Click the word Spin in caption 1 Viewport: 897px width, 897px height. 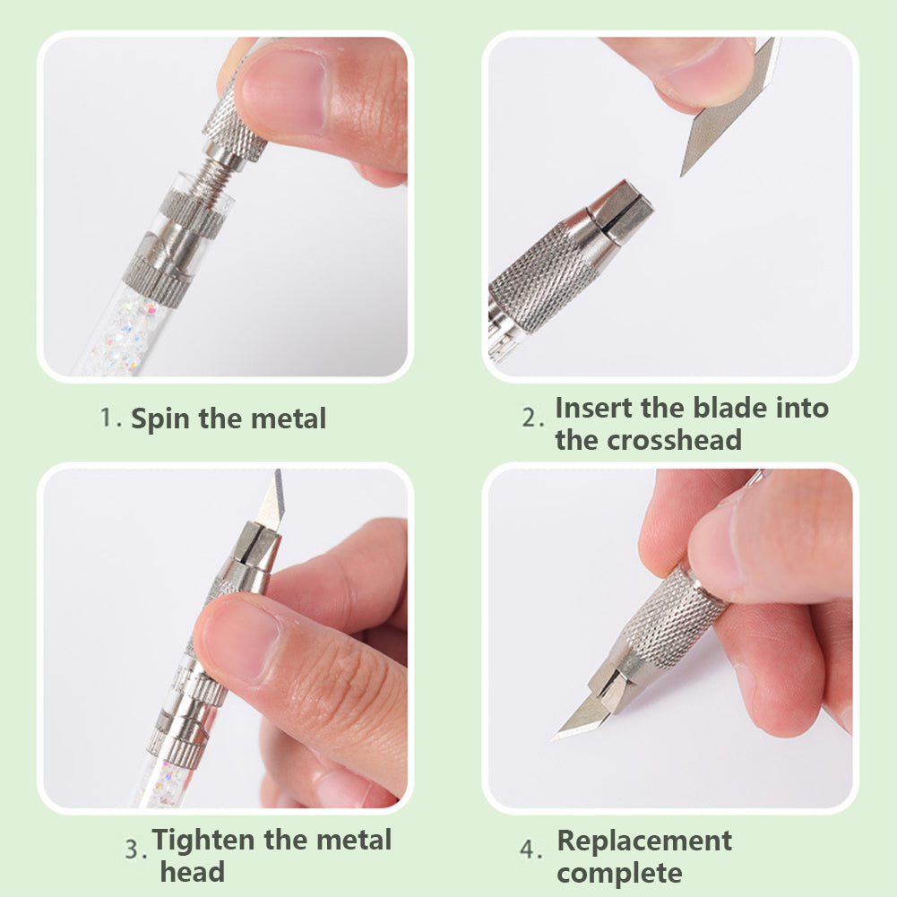tap(160, 419)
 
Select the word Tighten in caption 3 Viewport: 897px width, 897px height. tap(203, 841)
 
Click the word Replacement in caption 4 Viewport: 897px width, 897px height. tap(644, 841)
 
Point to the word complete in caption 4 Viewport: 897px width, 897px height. tap(619, 874)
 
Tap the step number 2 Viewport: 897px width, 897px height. tap(531, 418)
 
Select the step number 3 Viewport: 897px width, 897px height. tap(135, 849)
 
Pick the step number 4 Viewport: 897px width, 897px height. tap(530, 849)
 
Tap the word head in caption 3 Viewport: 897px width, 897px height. tap(192, 873)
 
